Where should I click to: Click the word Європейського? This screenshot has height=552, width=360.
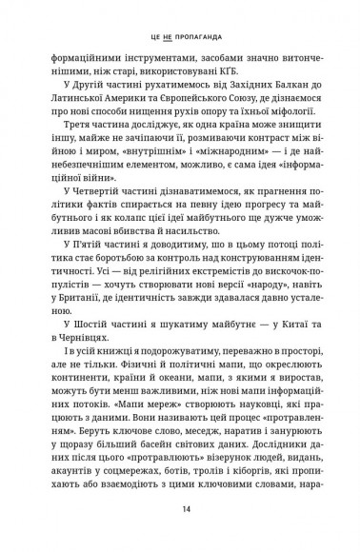click(190, 111)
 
